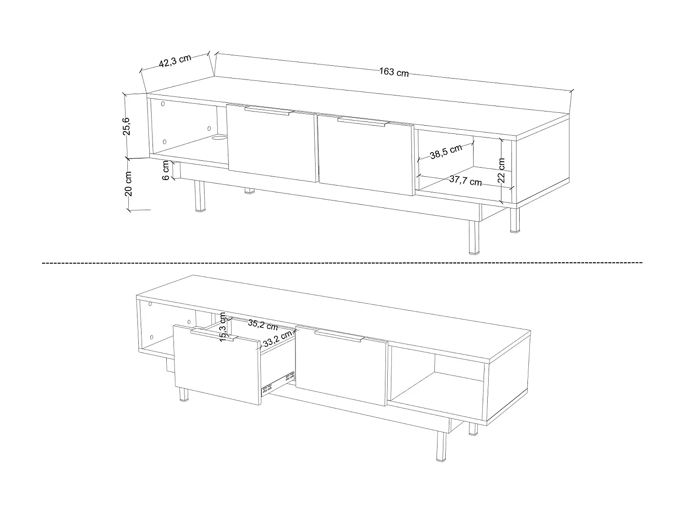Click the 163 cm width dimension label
tap(394, 72)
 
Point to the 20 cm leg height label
tap(128, 184)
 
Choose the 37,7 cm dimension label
tap(465, 180)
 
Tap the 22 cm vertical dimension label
tap(501, 170)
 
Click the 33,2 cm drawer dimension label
tap(277, 341)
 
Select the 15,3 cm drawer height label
tap(223, 327)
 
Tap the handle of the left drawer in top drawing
tap(269, 111)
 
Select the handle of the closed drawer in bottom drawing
tap(339, 335)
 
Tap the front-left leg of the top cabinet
tap(199, 196)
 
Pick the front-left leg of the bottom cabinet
tap(184, 394)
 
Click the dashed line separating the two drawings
tap(342, 263)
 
